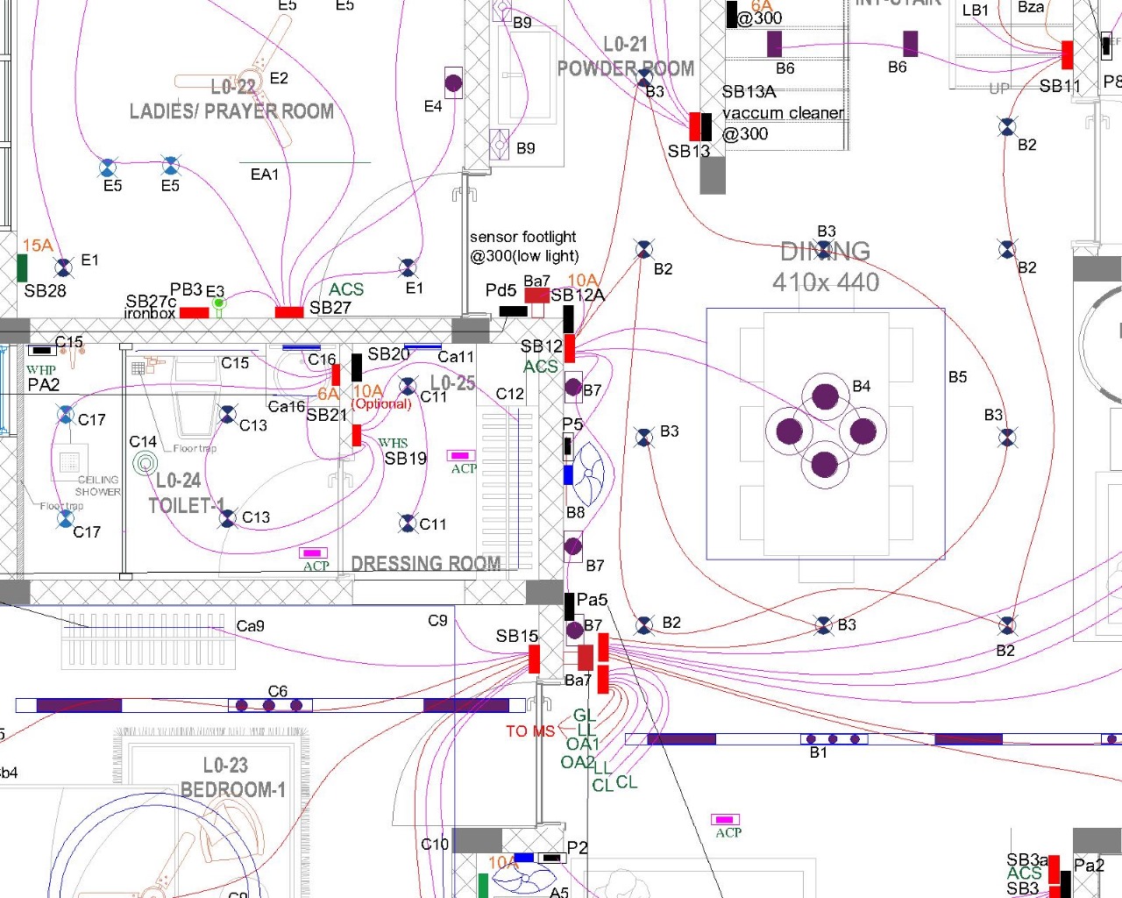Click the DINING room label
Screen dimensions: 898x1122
point(825,252)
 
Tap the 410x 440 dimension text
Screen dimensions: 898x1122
point(825,282)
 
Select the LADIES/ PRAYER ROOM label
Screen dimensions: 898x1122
point(231,111)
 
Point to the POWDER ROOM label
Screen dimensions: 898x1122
point(626,68)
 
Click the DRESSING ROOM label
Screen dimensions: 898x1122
point(426,563)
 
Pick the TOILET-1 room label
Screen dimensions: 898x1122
point(187,506)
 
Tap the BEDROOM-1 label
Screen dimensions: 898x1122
point(233,790)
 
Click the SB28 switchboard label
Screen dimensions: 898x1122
point(45,291)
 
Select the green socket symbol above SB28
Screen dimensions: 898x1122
point(22,267)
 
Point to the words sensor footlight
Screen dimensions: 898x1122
point(522,237)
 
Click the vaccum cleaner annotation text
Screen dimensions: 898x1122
point(783,113)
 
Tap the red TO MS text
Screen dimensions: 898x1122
point(529,731)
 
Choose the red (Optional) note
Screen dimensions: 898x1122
point(382,404)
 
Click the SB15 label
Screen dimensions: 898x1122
point(516,636)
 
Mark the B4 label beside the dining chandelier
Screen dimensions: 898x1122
point(862,386)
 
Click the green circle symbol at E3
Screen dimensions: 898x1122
point(218,303)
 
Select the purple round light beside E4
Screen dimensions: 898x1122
point(453,83)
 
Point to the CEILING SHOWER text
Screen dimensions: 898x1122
point(98,486)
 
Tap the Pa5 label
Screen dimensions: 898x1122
point(592,600)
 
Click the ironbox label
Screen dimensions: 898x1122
point(149,313)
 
